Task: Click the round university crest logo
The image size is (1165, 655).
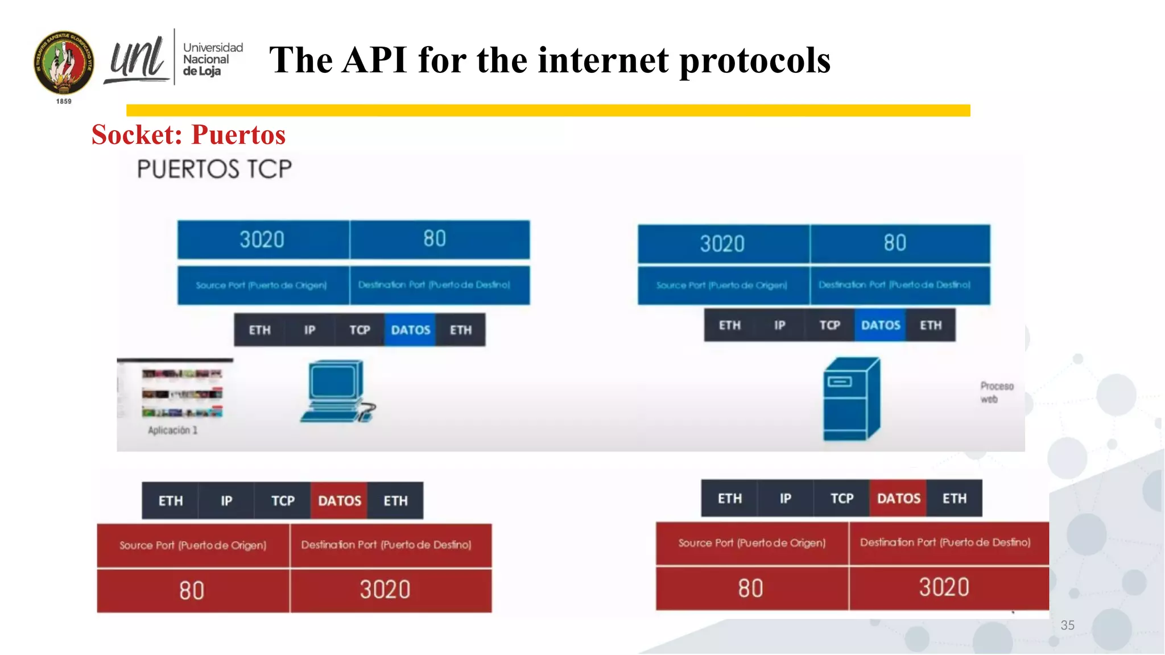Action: coord(64,63)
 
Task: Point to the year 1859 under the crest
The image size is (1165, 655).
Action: coord(64,101)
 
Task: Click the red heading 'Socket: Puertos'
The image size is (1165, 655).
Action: coord(188,135)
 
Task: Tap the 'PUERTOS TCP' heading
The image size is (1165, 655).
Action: coord(214,169)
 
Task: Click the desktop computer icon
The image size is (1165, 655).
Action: coord(337,391)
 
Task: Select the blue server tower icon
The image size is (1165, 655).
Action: coord(852,399)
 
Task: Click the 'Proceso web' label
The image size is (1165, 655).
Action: coord(996,392)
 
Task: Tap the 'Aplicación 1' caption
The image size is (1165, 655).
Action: coord(172,430)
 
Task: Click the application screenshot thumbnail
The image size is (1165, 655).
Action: coord(181,393)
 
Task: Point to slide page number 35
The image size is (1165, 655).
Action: coord(1067,625)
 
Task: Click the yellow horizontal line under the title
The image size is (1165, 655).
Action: coord(548,110)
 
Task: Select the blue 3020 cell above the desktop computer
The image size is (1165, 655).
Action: coord(262,240)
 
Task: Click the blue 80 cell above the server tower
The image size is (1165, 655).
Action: coord(895,243)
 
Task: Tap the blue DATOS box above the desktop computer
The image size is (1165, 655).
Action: coord(410,330)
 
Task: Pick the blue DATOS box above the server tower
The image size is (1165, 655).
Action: coord(880,325)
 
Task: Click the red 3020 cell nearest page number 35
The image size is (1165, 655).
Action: coord(944,587)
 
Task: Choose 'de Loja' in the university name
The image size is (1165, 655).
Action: coord(202,71)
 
